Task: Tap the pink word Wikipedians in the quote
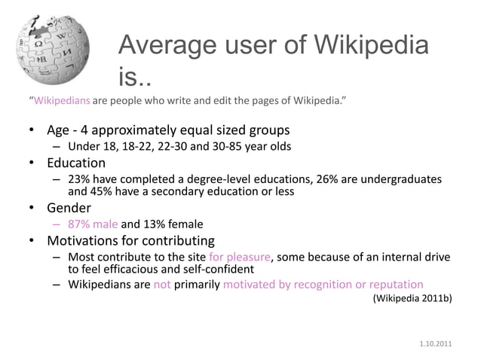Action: (61, 99)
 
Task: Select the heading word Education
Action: (76, 163)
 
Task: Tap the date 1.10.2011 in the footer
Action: (437, 345)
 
